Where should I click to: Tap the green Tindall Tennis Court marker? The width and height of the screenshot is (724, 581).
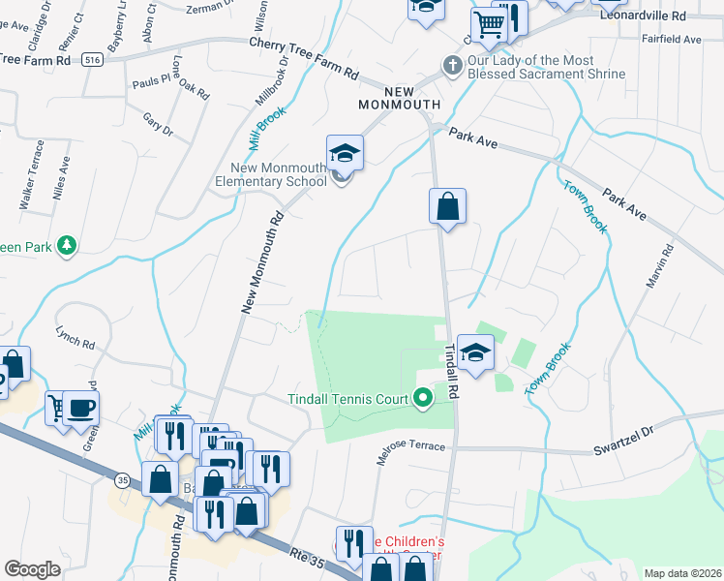[422, 398]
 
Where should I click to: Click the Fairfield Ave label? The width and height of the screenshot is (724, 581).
[672, 39]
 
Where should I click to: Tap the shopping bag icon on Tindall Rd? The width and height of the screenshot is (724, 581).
[448, 206]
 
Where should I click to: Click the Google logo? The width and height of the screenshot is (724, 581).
[32, 569]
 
